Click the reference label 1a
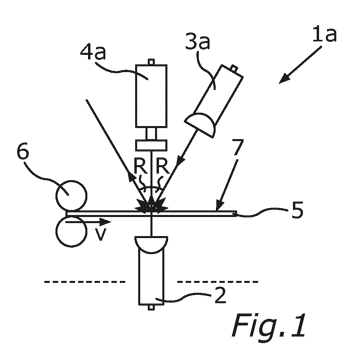(324, 34)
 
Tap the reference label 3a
(198, 41)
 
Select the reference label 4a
(93, 52)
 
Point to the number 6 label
(23, 151)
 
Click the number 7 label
(238, 147)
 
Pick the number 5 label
(297, 210)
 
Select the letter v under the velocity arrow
(101, 235)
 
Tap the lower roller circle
(72, 231)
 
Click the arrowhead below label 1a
(284, 79)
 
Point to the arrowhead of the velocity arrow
(105, 222)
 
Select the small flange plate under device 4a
(151, 145)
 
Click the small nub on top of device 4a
(151, 62)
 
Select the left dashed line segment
(85, 282)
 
